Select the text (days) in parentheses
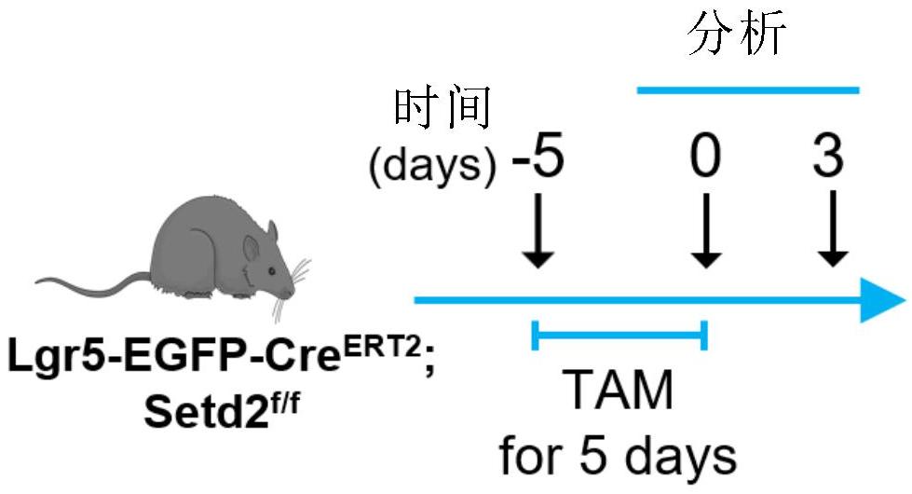(432, 166)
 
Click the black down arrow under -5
(538, 229)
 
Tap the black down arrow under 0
(705, 229)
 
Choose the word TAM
(619, 391)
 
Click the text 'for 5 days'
(619, 456)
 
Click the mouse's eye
(268, 269)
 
